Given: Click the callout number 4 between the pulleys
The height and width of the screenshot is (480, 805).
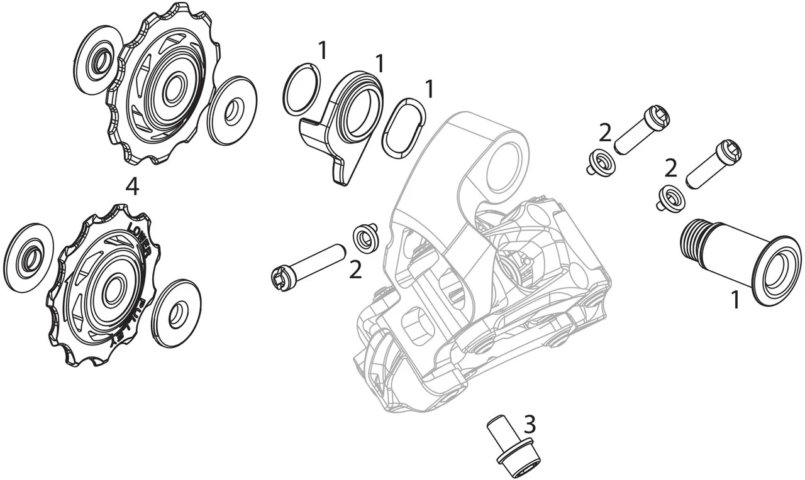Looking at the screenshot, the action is coord(132,187).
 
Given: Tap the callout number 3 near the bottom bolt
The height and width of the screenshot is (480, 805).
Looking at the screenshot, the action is coord(530,423).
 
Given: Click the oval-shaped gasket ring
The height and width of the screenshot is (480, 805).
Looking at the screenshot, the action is coord(403,128).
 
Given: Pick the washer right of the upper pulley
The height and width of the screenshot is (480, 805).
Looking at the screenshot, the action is coord(233,111).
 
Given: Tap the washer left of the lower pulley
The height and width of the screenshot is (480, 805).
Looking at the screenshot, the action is coord(28,258).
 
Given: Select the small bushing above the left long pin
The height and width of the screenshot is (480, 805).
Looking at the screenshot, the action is coord(365,237).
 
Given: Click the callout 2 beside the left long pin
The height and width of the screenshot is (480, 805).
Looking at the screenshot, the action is coord(355,270).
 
